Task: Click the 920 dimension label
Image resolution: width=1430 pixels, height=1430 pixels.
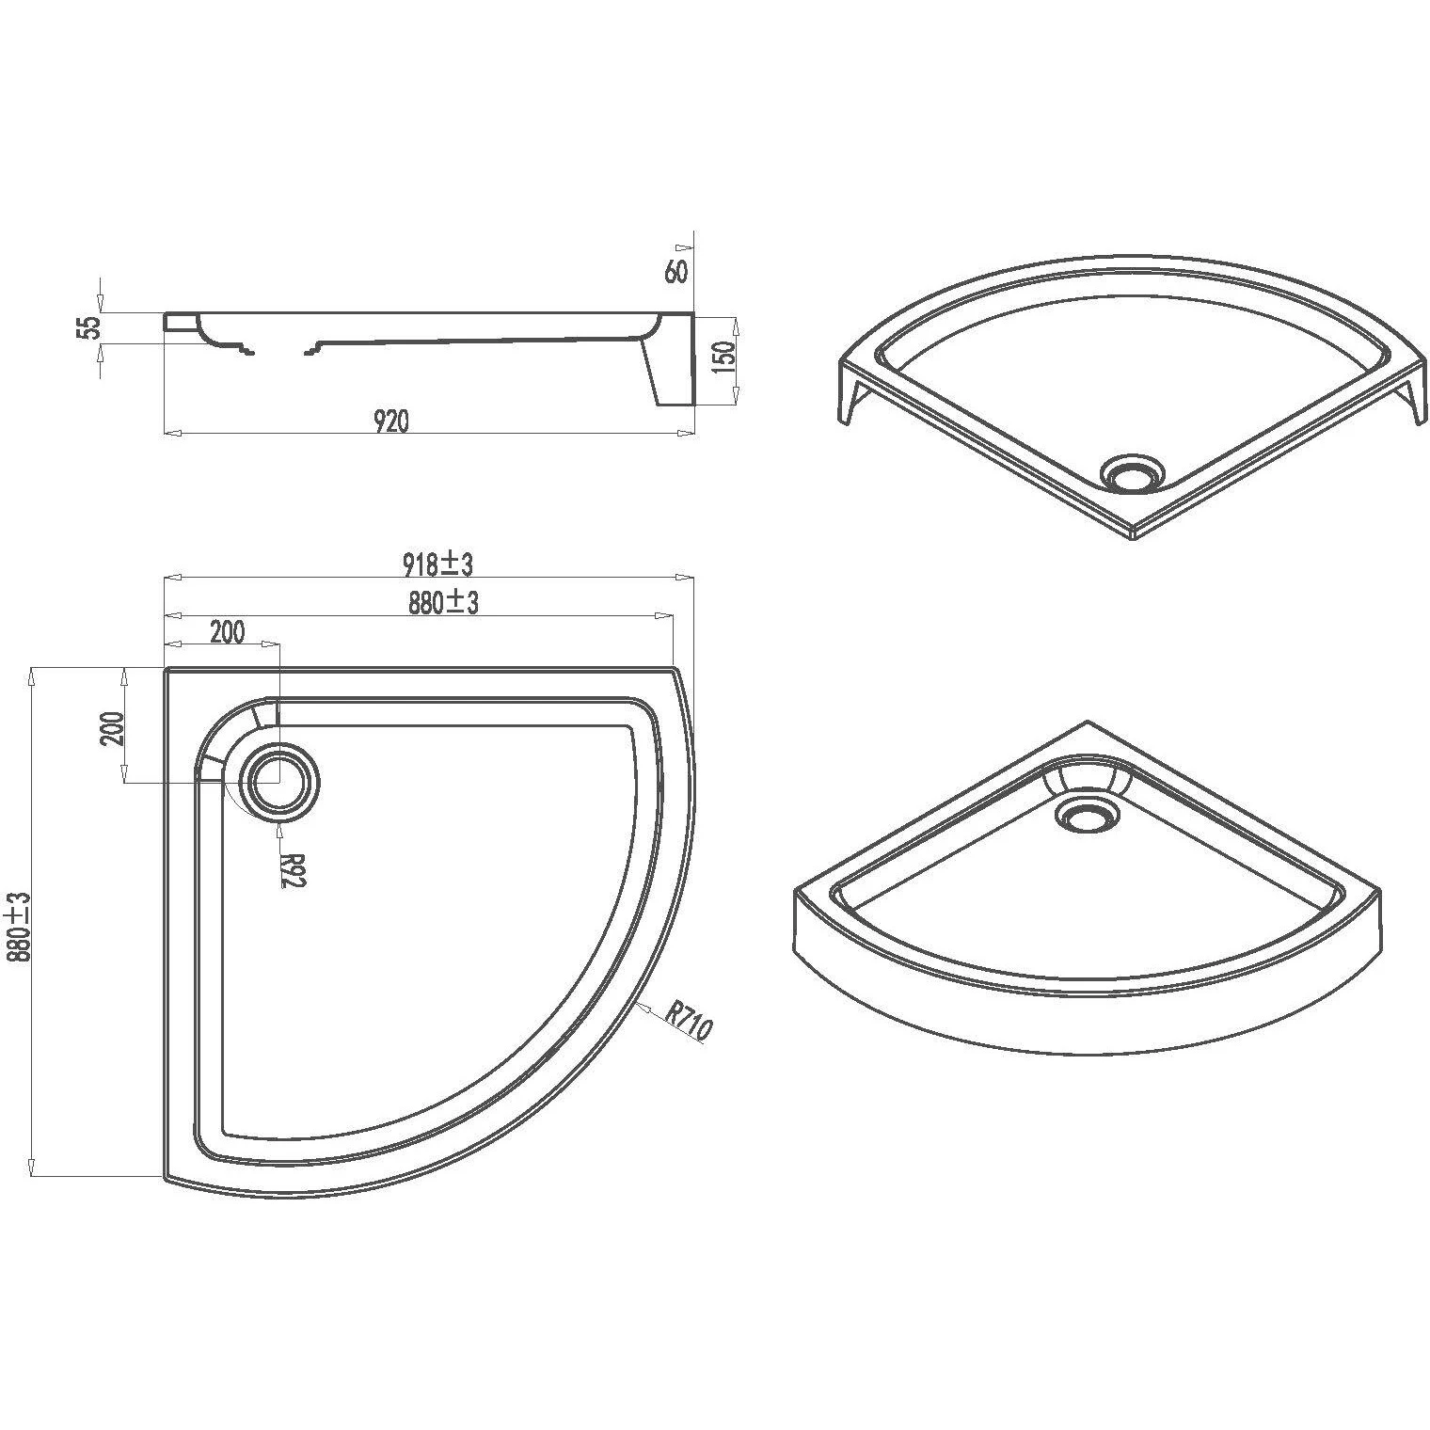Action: pyautogui.click(x=391, y=421)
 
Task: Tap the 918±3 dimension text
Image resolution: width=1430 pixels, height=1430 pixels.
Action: pyautogui.click(x=437, y=564)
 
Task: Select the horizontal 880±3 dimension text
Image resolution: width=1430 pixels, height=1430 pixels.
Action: pyautogui.click(x=443, y=602)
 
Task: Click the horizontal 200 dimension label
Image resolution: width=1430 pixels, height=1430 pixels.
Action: pyautogui.click(x=226, y=631)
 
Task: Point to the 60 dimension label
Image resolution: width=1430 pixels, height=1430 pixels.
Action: pyautogui.click(x=675, y=272)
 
